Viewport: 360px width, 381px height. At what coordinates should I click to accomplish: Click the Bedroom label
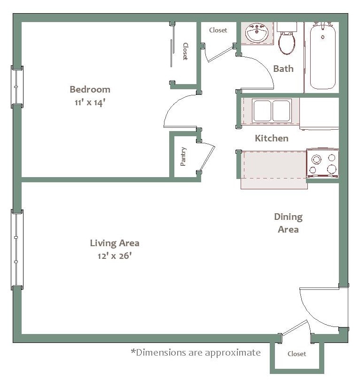coord(90,89)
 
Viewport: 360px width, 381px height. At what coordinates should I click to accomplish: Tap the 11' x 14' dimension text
coord(90,102)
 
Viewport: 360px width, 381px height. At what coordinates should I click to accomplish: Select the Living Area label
coord(115,243)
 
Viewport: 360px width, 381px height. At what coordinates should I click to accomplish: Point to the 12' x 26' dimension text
coord(115,256)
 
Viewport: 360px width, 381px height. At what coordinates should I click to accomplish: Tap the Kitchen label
coord(271,138)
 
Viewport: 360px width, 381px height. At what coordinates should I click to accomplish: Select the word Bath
coord(283,69)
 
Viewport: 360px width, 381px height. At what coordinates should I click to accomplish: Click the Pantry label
coord(183,156)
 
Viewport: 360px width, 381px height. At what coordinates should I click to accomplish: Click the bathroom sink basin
coord(257,34)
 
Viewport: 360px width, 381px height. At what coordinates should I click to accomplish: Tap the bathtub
coord(322,56)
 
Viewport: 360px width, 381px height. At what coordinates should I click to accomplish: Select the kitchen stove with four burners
coord(322,163)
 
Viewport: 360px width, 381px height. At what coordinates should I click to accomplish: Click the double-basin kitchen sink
coord(271,111)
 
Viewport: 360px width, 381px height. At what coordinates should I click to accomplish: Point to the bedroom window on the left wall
coord(17,87)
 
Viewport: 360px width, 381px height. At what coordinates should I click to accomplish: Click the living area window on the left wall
coord(17,249)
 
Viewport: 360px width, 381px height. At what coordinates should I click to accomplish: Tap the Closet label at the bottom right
coord(297,354)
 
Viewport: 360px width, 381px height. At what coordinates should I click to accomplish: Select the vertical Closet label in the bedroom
coord(185,52)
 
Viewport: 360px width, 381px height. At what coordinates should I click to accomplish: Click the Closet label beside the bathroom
coord(218,30)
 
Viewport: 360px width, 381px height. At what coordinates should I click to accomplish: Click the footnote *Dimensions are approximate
coord(195,352)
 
